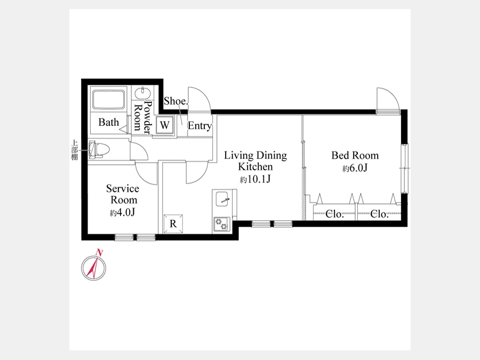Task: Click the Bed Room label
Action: (355, 155)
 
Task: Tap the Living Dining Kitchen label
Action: (255, 161)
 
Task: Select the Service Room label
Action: (123, 194)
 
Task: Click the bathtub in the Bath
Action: (109, 99)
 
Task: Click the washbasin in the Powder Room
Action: (142, 93)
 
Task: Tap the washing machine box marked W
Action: (165, 125)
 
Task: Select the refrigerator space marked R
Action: (173, 224)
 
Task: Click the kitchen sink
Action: (222, 199)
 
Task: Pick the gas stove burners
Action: (222, 224)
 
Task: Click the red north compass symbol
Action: (94, 266)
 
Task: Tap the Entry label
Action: (199, 125)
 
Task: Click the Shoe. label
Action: (175, 101)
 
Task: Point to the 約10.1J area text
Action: (255, 179)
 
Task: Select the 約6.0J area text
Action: (355, 168)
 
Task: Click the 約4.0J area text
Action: (123, 212)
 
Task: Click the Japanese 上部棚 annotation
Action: (74, 150)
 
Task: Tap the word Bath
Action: (109, 122)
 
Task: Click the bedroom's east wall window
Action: (404, 168)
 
